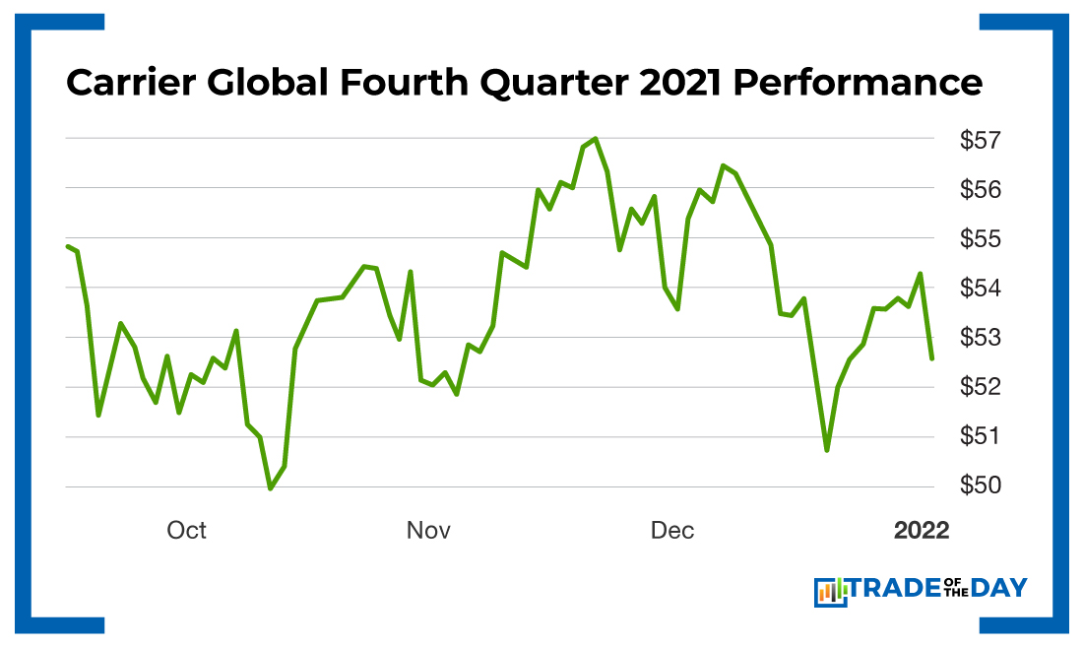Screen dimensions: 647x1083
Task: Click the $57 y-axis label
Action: (981, 141)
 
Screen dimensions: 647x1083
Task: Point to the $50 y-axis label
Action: (981, 486)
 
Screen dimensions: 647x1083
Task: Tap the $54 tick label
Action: (981, 289)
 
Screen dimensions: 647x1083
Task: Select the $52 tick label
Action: (981, 387)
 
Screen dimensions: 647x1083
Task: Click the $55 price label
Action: (981, 239)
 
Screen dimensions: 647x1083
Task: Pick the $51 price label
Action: (981, 436)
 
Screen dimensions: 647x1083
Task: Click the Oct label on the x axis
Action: (186, 531)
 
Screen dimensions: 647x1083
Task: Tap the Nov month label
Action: (428, 531)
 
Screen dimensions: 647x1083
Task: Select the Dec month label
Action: (672, 531)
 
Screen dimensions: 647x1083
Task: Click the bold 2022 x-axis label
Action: (922, 531)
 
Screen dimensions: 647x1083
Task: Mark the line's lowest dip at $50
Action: (271, 487)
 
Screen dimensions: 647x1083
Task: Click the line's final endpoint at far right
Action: (931, 358)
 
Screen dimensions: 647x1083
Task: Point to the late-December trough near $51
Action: (827, 449)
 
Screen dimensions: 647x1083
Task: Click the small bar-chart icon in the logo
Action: (831, 591)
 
